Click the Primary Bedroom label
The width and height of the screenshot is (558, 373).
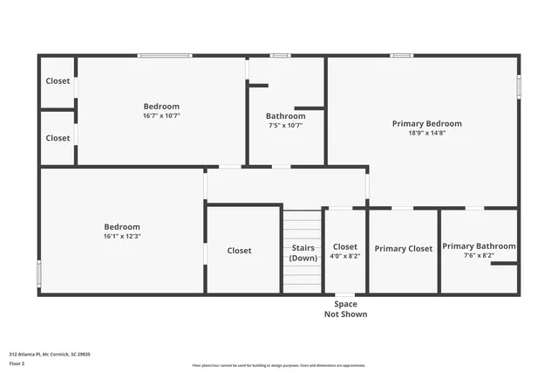pyautogui.click(x=426, y=124)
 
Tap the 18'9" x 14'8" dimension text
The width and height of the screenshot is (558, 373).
pyautogui.click(x=426, y=134)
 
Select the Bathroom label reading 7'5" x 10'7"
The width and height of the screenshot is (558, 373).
pyautogui.click(x=285, y=116)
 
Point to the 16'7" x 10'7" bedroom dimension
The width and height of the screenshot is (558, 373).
pyautogui.click(x=161, y=116)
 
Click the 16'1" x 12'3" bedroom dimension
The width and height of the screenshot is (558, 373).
pyautogui.click(x=122, y=236)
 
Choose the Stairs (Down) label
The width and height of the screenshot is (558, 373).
pyautogui.click(x=303, y=253)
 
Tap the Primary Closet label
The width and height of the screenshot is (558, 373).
pyautogui.click(x=404, y=249)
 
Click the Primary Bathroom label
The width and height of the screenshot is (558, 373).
pyautogui.click(x=479, y=246)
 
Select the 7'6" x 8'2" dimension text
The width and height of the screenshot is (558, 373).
pyautogui.click(x=479, y=256)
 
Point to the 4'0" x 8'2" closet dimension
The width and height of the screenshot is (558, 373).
pyautogui.click(x=345, y=257)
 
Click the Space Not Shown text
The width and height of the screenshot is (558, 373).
pyautogui.click(x=345, y=309)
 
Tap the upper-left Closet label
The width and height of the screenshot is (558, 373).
pyautogui.click(x=58, y=81)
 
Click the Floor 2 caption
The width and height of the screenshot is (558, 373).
pyautogui.click(x=17, y=363)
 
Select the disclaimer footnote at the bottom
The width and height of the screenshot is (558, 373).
pyautogui.click(x=279, y=366)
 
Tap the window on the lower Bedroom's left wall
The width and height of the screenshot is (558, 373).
pyautogui.click(x=38, y=273)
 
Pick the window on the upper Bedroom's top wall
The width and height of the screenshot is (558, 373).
pyautogui.click(x=165, y=56)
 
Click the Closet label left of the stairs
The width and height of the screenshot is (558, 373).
pyautogui.click(x=239, y=251)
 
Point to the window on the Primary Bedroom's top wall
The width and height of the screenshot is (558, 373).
pyautogui.click(x=401, y=56)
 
